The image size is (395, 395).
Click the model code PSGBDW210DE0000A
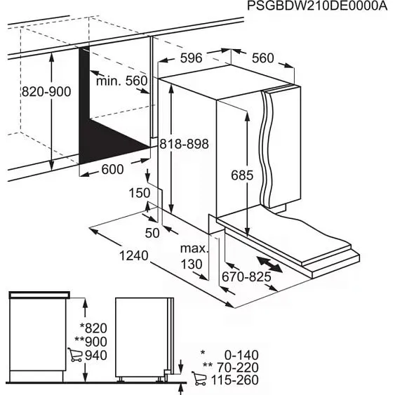click(317, 6)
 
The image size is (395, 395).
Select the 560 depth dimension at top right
click(262, 59)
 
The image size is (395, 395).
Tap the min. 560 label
click(122, 81)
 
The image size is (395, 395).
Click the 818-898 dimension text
click(185, 143)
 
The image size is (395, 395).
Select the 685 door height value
click(241, 176)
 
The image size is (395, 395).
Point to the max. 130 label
click(194, 257)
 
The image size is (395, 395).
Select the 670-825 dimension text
click(247, 277)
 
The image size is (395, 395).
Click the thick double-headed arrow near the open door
click(270, 263)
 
